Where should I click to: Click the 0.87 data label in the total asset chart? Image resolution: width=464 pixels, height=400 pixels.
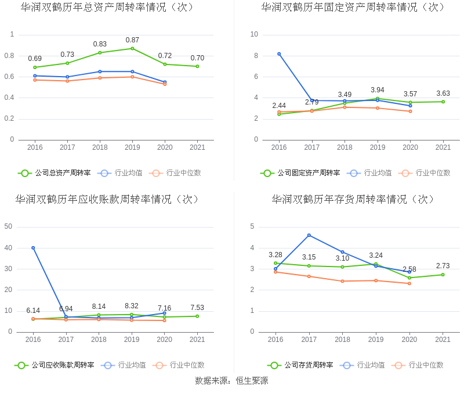(132, 40)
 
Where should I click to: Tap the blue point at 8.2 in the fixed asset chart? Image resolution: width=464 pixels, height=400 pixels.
(279, 54)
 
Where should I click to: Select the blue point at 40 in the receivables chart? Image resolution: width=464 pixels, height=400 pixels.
(33, 248)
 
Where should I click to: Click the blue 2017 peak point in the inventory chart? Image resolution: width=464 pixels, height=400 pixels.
(309, 235)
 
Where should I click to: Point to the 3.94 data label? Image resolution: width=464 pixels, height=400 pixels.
(378, 90)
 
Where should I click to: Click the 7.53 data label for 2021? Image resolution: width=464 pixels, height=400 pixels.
(197, 308)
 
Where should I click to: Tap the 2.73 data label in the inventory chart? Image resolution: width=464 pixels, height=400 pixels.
(443, 266)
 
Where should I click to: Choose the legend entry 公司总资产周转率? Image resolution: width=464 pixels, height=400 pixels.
(55, 172)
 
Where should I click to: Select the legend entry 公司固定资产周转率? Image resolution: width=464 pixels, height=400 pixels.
(301, 172)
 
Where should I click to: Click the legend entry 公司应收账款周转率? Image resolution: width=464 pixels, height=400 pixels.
(55, 365)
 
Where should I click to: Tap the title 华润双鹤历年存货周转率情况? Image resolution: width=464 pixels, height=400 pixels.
(353, 199)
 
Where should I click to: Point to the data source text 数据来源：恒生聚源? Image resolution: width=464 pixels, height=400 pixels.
(231, 381)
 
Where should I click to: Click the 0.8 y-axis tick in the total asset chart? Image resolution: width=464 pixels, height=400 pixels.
(10, 56)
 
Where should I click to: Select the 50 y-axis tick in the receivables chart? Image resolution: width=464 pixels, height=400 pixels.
(9, 226)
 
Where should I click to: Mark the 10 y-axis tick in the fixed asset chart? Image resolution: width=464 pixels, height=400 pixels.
(254, 34)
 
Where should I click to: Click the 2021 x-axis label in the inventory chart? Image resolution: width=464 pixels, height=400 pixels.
(443, 340)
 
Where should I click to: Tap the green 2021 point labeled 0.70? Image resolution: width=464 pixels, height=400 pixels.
(197, 66)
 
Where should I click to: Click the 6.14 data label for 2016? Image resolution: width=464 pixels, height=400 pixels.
(33, 311)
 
